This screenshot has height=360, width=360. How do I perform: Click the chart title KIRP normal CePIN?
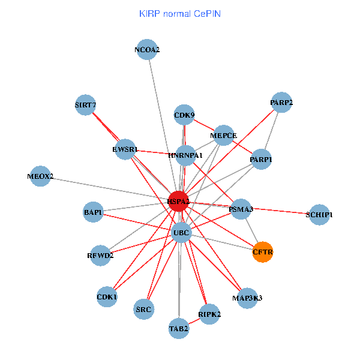[179, 13]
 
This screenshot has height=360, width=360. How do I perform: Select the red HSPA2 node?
[178, 201]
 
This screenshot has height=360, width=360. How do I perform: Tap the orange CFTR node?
[263, 252]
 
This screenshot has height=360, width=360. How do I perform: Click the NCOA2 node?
[147, 50]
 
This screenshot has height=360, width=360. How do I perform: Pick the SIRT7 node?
[86, 105]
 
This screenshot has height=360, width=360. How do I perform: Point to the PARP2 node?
[281, 103]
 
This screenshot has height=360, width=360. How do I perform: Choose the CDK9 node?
[184, 115]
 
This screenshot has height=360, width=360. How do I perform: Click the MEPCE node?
[223, 135]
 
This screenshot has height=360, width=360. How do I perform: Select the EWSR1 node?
[125, 149]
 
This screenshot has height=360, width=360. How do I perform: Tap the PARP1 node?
[261, 160]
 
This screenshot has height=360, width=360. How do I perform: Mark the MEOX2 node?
[40, 176]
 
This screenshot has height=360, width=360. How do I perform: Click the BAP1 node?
[93, 212]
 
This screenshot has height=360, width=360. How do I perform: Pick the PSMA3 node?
[241, 209]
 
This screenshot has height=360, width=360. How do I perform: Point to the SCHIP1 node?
[319, 214]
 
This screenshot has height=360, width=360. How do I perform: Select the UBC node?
[181, 232]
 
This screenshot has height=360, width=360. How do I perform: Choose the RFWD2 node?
[100, 255]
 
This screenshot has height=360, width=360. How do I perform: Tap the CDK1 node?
[107, 296]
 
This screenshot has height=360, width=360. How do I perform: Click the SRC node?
[144, 309]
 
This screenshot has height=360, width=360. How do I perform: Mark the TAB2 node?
[179, 328]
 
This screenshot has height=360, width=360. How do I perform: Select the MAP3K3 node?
[247, 298]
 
